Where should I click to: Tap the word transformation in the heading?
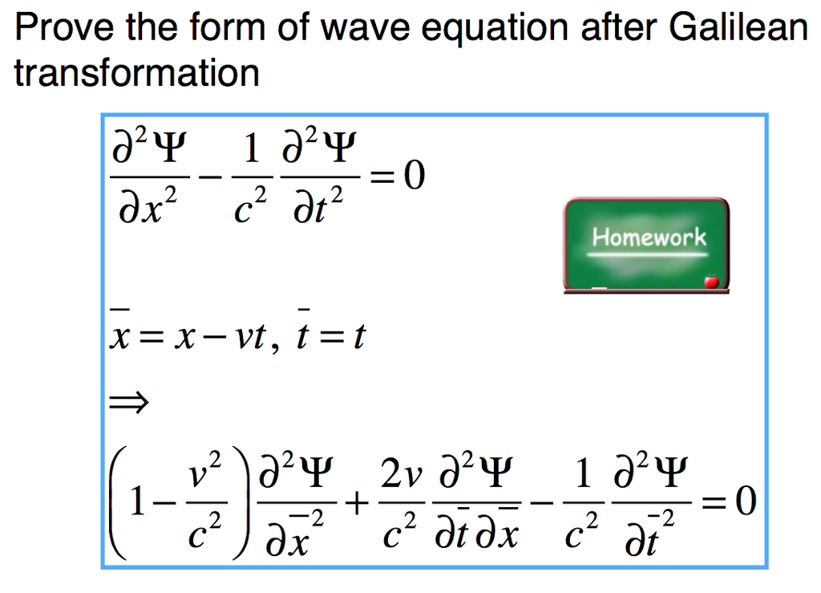pyautogui.click(x=136, y=74)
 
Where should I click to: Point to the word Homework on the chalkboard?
pyautogui.click(x=649, y=238)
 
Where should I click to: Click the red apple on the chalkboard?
pyautogui.click(x=709, y=280)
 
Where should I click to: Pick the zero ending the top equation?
pyautogui.click(x=413, y=174)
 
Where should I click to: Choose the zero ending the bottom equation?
pyautogui.click(x=744, y=503)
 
